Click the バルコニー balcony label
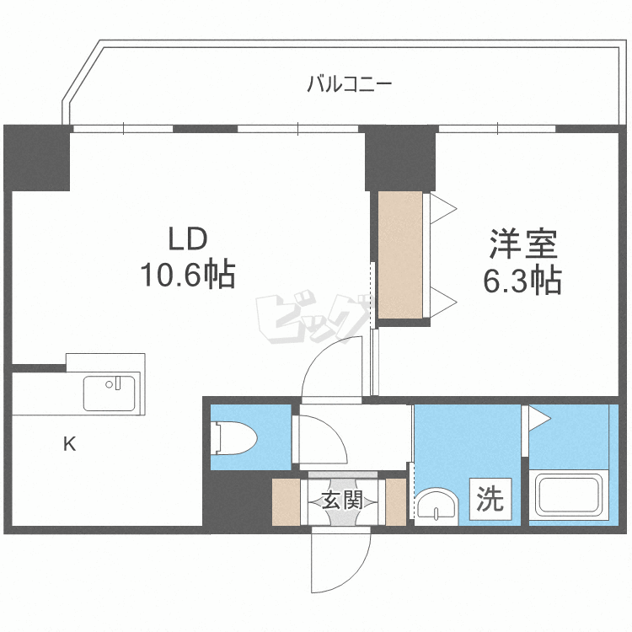tap(348, 83)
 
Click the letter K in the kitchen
tap(70, 444)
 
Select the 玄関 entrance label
tap(342, 500)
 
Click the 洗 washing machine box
tap(490, 500)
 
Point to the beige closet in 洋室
tap(400, 254)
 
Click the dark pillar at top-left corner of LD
tap(36, 158)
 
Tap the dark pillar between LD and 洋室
tap(399, 158)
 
